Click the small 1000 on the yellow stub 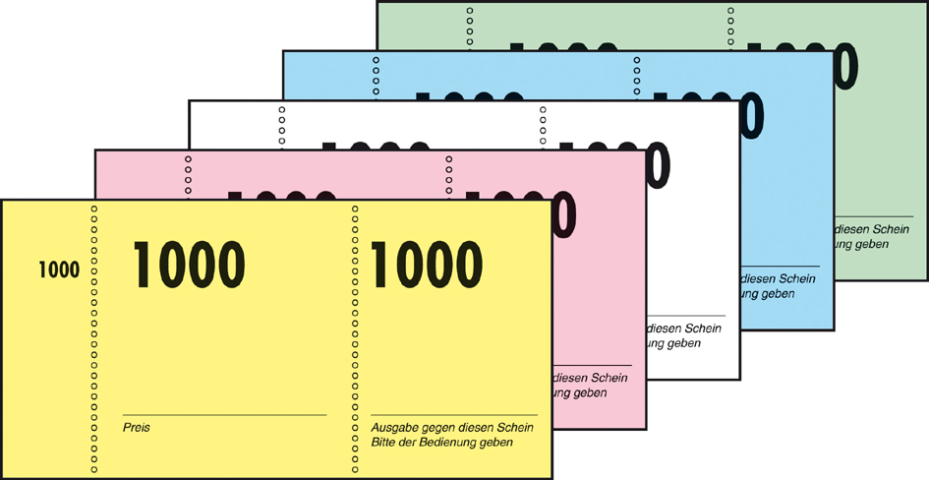point(59,270)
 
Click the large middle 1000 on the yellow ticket point(189,265)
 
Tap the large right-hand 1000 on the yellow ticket point(427,265)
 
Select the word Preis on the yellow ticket point(136,428)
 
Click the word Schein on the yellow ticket point(513,428)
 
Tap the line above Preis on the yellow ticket point(224,415)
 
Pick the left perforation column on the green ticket point(470,25)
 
